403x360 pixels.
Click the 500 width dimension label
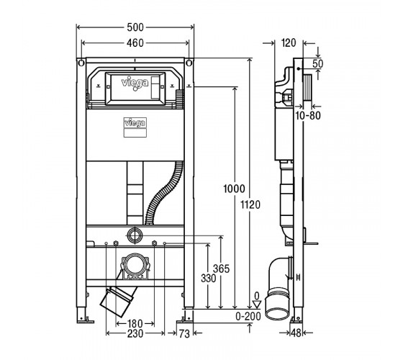tap(135, 27)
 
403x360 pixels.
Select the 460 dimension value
tap(135, 43)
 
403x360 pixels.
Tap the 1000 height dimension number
tap(234, 189)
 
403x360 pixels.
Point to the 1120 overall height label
tap(250, 204)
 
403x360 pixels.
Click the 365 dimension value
tap(221, 269)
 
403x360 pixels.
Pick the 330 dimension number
tap(209, 278)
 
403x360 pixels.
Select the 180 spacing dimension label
tap(135, 323)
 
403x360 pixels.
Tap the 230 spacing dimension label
tap(135, 333)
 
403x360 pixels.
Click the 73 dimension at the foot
tap(184, 334)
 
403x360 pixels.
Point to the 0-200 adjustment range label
tap(248, 316)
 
